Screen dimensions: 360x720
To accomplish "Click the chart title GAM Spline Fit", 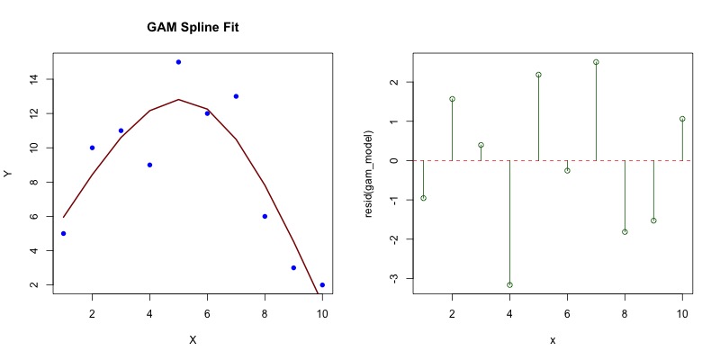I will click(193, 28).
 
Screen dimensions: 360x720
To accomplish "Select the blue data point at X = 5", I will click(178, 62).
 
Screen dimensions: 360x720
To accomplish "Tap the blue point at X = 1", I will click(63, 233).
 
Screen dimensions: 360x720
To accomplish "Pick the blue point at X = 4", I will click(149, 165).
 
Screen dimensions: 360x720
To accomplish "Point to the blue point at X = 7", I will click(236, 96).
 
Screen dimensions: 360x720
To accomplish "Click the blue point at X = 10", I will click(322, 284).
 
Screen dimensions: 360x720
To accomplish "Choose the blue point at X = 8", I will click(265, 216).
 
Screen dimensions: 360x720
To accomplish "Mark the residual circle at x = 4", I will click(509, 284).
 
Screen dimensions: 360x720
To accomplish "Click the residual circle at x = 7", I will click(596, 62).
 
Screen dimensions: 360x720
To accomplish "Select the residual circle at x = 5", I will click(538, 75).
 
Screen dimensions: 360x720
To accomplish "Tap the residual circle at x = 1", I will click(423, 197).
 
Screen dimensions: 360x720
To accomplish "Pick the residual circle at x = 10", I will click(682, 119).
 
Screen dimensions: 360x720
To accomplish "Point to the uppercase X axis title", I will click(193, 339).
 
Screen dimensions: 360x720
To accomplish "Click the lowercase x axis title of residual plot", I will click(553, 339).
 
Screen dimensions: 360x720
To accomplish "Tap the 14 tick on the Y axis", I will click(32, 79).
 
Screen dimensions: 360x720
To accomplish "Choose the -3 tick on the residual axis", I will click(392, 278).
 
